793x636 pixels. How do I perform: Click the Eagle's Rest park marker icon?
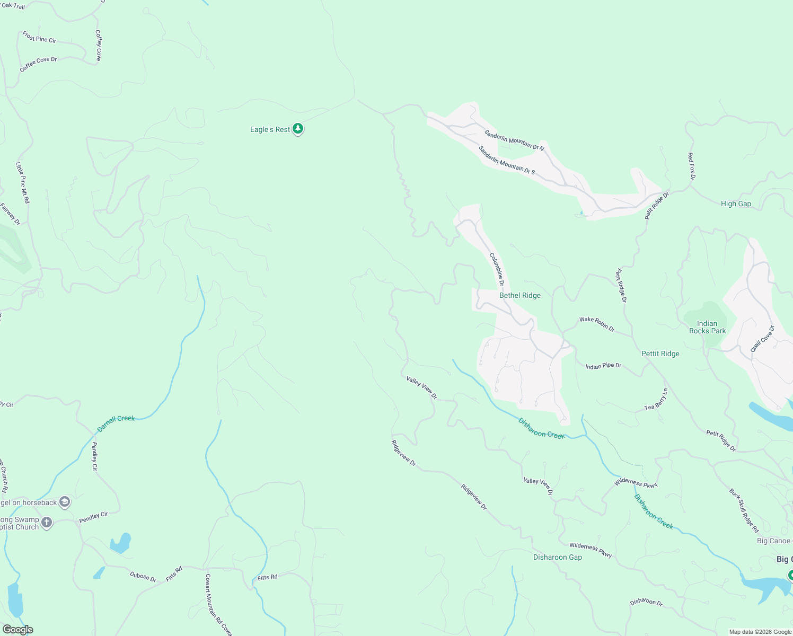point(298,128)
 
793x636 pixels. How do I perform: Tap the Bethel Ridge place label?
point(519,295)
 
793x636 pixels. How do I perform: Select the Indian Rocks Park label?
point(707,327)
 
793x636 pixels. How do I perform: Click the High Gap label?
point(736,204)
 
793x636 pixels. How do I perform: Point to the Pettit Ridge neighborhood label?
point(660,354)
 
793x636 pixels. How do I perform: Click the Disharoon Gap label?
point(557,557)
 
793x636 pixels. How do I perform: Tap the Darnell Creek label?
point(116,423)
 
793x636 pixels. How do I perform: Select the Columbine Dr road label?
point(496,269)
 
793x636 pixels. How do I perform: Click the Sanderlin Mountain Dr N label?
point(514,140)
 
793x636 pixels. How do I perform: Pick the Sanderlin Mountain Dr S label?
point(506,160)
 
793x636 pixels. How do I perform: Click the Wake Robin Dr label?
point(597,323)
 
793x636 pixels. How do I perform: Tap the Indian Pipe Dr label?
point(603,366)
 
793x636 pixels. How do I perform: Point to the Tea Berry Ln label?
point(656,399)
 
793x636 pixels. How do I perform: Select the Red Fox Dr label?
point(691,166)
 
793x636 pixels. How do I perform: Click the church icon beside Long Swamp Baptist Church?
point(47,523)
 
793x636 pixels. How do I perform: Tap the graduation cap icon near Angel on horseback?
point(65,502)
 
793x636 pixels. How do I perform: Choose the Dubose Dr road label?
point(143,577)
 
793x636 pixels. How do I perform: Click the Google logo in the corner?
point(17,630)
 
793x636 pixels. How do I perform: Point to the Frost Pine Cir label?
point(39,37)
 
